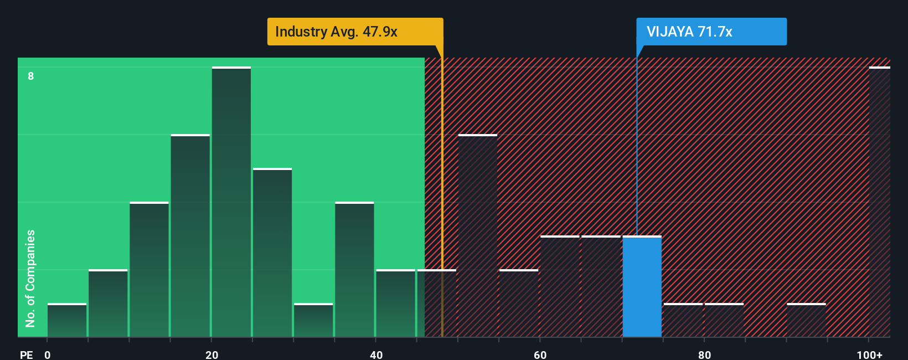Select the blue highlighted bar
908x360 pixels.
642,287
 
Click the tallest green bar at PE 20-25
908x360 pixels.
231,202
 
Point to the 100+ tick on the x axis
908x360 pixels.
869,354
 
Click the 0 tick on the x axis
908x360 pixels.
48,354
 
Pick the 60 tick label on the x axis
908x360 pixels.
540,354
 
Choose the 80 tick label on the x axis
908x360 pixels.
704,354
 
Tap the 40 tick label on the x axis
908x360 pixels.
376,354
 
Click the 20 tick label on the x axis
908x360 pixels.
212,354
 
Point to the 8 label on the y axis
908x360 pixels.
31,76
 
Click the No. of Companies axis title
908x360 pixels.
30,278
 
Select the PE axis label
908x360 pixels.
26,354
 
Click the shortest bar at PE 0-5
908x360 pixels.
67,321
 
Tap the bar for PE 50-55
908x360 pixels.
478,236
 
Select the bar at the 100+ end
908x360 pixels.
879,202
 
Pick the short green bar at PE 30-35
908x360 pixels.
313,321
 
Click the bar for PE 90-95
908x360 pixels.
806,321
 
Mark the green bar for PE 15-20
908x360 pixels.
190,236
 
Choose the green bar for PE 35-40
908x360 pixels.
354,270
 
